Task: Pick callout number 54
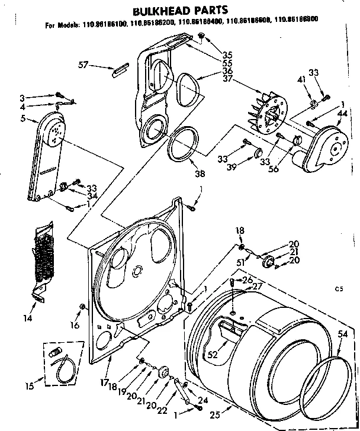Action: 342,335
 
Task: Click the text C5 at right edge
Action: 339,289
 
